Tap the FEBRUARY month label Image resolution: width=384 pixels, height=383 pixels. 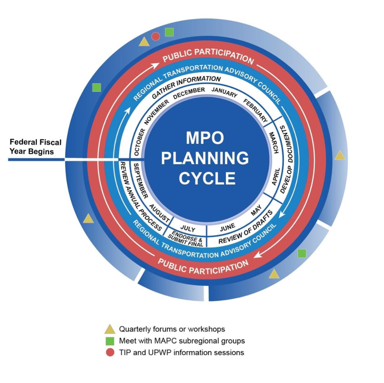[x=256, y=111]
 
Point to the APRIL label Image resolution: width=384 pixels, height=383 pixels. [x=275, y=176]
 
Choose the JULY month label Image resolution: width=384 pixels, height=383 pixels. [x=188, y=229]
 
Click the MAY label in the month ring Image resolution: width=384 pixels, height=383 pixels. [x=256, y=211]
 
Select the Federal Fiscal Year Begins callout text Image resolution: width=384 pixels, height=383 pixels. [x=36, y=147]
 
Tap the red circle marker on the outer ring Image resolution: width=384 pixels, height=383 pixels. [x=156, y=36]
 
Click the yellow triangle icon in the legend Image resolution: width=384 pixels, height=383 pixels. [x=110, y=329]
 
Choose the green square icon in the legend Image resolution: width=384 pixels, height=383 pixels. [x=110, y=341]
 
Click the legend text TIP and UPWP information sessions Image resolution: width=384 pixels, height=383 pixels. [x=181, y=353]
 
